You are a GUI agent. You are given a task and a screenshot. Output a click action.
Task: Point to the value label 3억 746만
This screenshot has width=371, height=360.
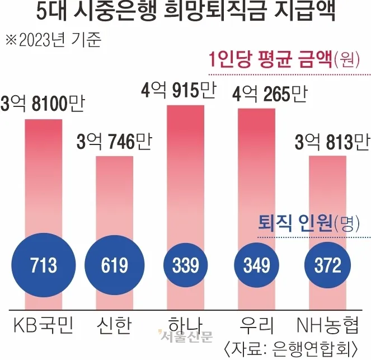[x=114, y=142]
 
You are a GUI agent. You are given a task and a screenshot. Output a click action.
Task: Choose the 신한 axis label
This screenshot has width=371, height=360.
[x=114, y=325]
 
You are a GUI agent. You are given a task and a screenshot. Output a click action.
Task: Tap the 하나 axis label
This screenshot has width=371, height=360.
[x=185, y=325]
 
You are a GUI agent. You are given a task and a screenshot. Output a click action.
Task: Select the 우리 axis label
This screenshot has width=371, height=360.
[x=257, y=325]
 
